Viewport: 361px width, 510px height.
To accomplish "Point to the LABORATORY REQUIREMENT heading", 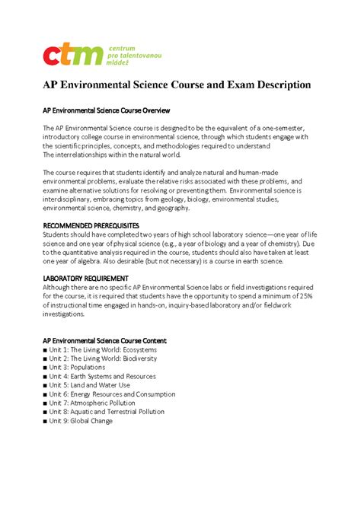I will coord(85,278).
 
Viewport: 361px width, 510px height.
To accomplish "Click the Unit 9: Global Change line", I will coord(81,421).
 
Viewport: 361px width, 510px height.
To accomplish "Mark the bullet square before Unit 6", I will coord(45,394).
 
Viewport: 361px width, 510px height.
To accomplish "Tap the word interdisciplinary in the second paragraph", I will coord(74,199).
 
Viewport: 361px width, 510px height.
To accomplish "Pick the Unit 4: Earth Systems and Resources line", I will coord(102,376).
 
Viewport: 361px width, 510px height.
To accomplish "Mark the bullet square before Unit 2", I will coord(45,359).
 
